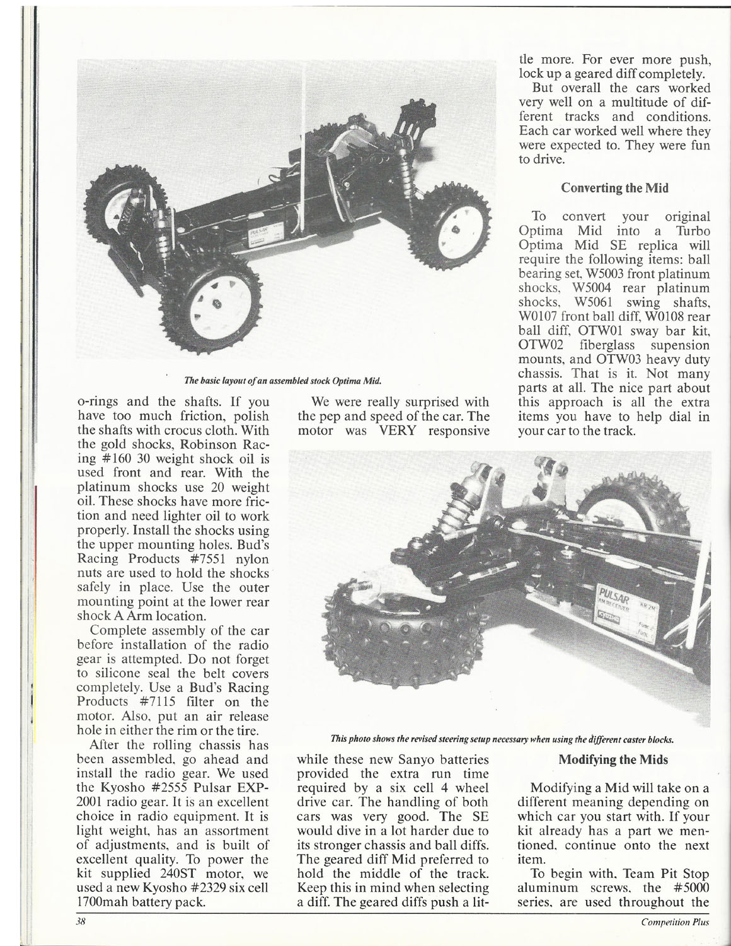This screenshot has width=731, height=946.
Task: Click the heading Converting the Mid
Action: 614,188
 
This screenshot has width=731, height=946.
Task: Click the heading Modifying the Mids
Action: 614,759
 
